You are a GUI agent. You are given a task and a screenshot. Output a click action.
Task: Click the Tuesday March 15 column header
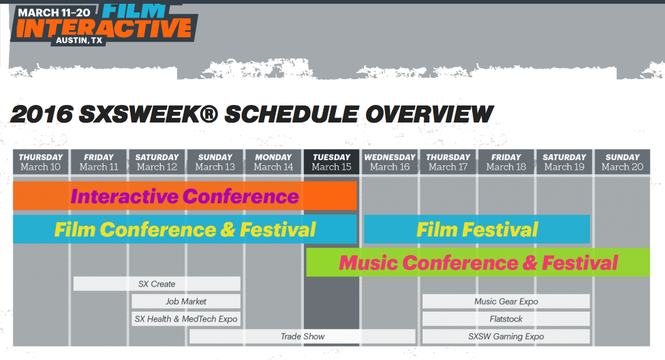tap(331, 161)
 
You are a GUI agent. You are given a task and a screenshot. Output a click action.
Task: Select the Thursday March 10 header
tap(41, 161)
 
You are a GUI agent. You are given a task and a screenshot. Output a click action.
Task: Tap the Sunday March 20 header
tap(622, 161)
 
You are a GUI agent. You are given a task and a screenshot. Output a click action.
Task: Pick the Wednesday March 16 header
tap(390, 161)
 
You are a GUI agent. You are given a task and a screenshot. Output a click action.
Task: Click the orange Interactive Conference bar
tap(185, 196)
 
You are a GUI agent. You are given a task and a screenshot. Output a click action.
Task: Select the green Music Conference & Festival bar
tap(478, 263)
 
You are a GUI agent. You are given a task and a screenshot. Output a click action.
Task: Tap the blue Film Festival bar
tap(477, 229)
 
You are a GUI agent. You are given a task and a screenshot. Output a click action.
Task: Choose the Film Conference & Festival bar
tap(185, 229)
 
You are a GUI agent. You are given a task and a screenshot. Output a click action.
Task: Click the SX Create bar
tap(157, 283)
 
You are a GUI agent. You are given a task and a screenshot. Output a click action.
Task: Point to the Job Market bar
tap(186, 302)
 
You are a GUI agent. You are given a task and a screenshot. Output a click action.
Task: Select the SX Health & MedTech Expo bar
tap(186, 319)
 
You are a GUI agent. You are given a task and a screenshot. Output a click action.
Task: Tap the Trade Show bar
tap(303, 336)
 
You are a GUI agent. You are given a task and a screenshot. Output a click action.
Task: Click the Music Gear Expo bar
tap(506, 302)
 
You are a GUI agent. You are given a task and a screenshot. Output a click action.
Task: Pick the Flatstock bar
tap(506, 319)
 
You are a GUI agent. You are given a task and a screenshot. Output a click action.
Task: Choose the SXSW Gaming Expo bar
tap(506, 336)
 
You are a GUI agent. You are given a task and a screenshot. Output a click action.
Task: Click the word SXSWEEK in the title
tap(148, 114)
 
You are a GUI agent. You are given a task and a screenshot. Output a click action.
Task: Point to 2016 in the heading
tap(41, 114)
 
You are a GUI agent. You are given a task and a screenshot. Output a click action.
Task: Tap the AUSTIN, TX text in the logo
tap(79, 40)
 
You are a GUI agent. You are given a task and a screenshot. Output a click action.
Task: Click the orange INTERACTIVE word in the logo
tap(104, 28)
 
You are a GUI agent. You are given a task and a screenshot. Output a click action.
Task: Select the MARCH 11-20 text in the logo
tap(54, 13)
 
